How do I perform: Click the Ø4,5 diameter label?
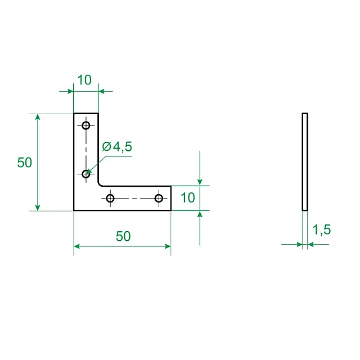click(117, 147)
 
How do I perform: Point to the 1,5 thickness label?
click(322, 229)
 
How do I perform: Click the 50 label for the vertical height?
click(25, 163)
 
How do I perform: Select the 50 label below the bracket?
click(123, 236)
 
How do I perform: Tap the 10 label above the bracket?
click(84, 80)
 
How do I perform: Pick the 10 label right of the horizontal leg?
click(188, 197)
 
